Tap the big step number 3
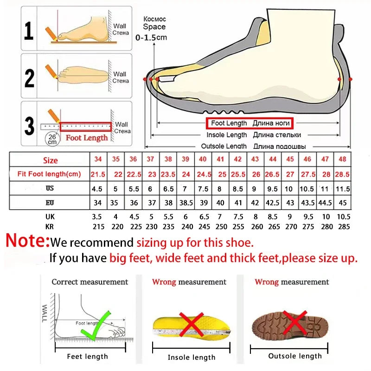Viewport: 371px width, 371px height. (29, 125)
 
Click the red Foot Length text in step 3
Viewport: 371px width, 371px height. (87, 137)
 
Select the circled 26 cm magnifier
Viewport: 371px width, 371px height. (51, 139)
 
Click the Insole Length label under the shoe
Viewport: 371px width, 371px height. (227, 135)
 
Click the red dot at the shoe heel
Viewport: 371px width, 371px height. (351, 79)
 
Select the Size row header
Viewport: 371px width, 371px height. (51, 160)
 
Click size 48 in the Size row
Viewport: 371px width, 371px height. (342, 159)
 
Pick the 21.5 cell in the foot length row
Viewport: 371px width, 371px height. (98, 174)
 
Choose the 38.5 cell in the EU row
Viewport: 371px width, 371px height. (185, 203)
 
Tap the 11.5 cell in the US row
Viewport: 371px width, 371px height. (342, 189)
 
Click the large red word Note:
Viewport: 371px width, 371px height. (27, 241)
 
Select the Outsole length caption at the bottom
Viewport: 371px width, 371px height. (294, 356)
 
